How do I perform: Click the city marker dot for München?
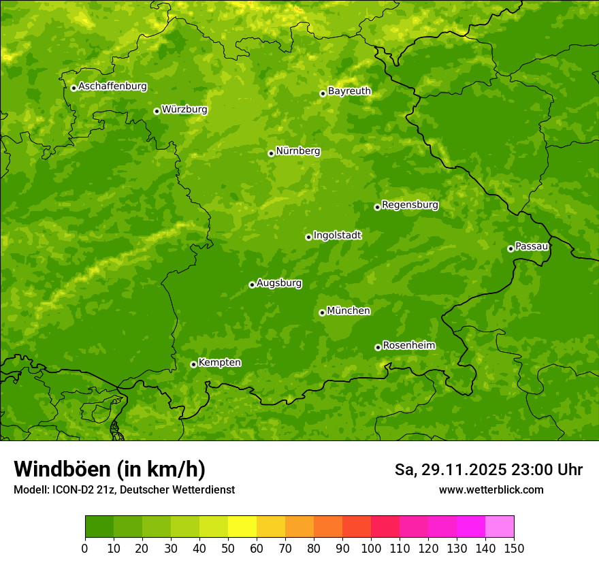(x=322, y=312)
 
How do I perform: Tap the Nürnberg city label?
(x=297, y=151)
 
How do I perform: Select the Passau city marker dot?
(x=511, y=248)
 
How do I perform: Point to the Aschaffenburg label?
(x=112, y=86)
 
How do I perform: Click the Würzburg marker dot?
(x=157, y=111)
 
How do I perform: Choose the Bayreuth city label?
(x=349, y=91)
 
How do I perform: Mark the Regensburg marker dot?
(x=377, y=207)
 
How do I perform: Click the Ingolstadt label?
(x=337, y=236)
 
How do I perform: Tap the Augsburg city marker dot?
(x=252, y=285)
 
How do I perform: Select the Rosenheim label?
(x=408, y=346)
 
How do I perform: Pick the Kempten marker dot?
(x=193, y=364)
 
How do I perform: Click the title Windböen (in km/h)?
(x=109, y=469)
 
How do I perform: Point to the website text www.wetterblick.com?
(x=491, y=489)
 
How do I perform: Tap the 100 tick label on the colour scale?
(x=371, y=549)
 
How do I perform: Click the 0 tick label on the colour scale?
(x=85, y=549)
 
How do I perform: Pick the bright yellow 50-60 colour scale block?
(x=242, y=527)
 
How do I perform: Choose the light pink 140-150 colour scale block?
(x=500, y=527)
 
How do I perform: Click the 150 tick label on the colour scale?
(x=514, y=549)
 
